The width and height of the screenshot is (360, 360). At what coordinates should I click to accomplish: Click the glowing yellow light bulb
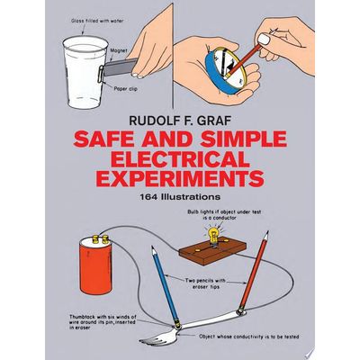(213, 235)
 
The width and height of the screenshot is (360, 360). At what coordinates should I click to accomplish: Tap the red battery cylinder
(95, 266)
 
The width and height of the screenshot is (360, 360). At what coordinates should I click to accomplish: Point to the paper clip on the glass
(101, 74)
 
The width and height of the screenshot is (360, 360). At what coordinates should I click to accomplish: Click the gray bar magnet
(121, 67)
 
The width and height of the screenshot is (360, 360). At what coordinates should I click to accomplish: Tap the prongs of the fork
(154, 337)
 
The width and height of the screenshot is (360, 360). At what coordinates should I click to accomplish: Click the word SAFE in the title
(100, 139)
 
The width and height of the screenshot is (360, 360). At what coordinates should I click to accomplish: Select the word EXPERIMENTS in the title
(180, 178)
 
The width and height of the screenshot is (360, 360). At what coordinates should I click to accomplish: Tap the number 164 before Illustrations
(149, 197)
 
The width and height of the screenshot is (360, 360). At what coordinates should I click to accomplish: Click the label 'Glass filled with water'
(97, 21)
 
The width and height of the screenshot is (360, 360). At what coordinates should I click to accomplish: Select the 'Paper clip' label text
(125, 89)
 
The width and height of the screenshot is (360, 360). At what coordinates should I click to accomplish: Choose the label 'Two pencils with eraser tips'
(206, 283)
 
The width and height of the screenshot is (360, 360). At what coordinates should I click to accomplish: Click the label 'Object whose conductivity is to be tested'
(249, 337)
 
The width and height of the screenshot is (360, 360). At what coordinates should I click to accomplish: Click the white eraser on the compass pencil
(263, 40)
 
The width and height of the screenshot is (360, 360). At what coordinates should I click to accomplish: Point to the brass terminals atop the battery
(101, 239)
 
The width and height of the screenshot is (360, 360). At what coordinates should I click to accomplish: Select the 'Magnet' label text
(119, 50)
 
